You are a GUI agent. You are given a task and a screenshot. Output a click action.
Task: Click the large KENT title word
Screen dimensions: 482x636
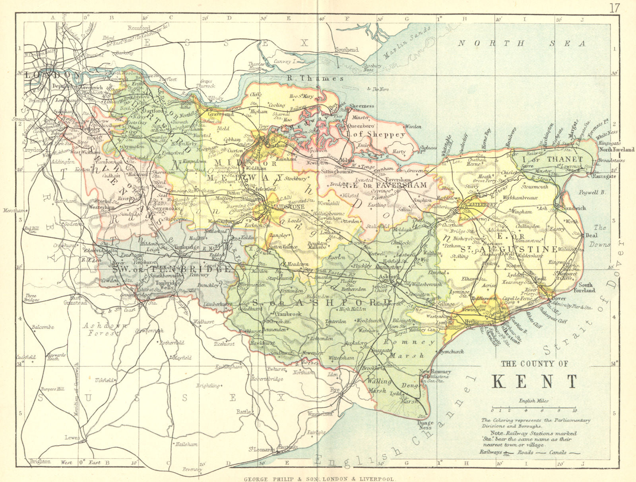coord(535,382)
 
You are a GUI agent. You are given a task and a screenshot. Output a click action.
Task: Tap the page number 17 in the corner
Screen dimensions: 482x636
coord(614,8)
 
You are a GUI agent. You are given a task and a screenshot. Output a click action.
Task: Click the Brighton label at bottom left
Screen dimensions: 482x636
coord(40,461)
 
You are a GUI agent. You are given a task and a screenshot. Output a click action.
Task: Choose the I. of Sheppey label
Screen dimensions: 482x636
coord(381,135)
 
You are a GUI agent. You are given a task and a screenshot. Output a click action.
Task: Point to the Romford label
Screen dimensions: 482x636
coord(139,28)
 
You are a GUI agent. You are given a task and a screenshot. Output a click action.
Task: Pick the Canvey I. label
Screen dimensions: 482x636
coord(285,62)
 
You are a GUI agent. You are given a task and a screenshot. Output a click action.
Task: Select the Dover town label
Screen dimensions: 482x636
coord(559,299)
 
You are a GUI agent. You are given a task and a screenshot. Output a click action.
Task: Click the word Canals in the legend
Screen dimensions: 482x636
coord(558,452)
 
